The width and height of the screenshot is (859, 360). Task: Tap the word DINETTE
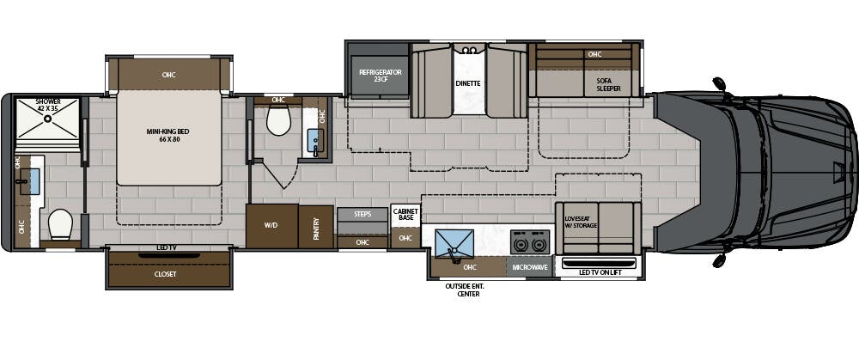click(x=468, y=83)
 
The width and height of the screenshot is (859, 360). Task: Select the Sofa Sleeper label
click(x=608, y=83)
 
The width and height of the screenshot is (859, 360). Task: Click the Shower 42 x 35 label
click(x=48, y=106)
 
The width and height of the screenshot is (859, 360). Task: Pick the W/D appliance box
click(x=271, y=226)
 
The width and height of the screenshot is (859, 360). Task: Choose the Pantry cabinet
click(x=316, y=227)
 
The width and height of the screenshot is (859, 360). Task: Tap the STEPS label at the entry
click(x=362, y=214)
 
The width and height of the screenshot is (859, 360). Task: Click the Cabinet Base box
click(x=405, y=214)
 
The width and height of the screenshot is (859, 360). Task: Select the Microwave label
click(x=530, y=267)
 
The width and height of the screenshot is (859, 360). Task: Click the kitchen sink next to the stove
click(x=453, y=243)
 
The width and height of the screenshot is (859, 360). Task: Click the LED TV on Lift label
click(x=599, y=272)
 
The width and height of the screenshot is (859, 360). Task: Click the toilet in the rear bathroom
click(x=61, y=225)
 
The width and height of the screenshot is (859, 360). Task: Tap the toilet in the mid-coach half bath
click(x=279, y=121)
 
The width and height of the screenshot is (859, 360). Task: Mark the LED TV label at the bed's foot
click(x=168, y=248)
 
